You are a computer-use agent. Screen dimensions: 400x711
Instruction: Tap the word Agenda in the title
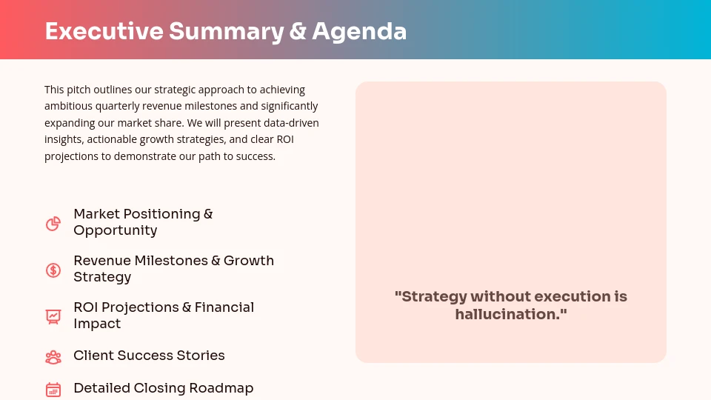(x=359, y=31)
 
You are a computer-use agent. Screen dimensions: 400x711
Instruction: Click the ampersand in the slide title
(x=298, y=31)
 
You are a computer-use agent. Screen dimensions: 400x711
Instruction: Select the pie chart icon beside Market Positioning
(x=53, y=224)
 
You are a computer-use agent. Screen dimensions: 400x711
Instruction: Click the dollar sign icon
(x=53, y=270)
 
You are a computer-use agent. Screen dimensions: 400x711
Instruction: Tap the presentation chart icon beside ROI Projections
(x=53, y=316)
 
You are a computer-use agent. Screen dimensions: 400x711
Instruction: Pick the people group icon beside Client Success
(x=53, y=357)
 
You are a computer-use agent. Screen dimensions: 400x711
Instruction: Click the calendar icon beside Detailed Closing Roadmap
(x=53, y=390)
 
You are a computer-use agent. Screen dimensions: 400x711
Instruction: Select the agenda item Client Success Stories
(x=149, y=356)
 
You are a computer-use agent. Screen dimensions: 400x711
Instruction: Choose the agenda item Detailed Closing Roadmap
(x=163, y=388)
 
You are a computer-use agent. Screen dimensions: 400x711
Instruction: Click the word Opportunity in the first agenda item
(x=115, y=230)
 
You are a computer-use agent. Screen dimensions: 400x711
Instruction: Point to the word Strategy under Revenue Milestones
(x=102, y=277)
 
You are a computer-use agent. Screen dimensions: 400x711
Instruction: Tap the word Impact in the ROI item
(x=97, y=324)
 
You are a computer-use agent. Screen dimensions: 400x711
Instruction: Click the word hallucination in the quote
(x=509, y=314)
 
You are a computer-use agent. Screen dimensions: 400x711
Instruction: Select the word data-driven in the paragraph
(x=291, y=123)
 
